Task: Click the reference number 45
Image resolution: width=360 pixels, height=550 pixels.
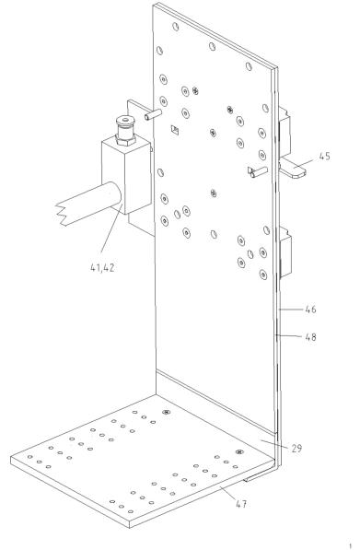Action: [325, 157]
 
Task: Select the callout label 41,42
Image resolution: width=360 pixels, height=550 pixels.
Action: [102, 268]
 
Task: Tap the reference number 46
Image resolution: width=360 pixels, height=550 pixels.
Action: [310, 310]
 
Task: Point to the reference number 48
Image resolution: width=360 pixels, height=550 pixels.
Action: [310, 337]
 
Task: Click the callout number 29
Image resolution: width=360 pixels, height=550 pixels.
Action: [296, 449]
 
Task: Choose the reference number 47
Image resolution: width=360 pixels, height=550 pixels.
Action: [241, 504]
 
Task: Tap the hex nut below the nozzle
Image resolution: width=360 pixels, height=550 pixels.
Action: [125, 140]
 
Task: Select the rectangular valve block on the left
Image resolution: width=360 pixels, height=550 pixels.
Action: [127, 175]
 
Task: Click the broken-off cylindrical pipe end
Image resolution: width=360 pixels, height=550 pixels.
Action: [88, 204]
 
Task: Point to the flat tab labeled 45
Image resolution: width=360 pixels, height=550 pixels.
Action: [293, 168]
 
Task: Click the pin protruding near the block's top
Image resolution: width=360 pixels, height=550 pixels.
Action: [153, 115]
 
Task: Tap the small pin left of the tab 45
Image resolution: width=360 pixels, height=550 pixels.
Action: [258, 172]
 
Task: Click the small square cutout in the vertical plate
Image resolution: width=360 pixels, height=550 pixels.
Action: [175, 130]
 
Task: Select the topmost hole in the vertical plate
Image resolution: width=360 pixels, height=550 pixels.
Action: [176, 27]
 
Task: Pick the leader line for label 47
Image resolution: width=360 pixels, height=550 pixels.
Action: [228, 493]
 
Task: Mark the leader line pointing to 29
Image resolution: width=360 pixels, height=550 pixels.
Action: [274, 443]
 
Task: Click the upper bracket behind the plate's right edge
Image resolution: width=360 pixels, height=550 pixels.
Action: [285, 132]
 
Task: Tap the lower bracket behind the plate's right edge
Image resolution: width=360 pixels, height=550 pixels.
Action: [285, 252]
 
